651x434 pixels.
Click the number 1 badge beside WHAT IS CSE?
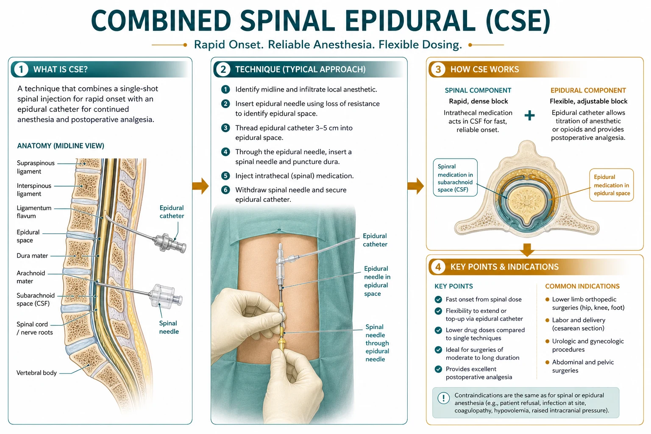pyautogui.click(x=21, y=70)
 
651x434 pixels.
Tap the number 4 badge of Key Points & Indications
pyautogui.click(x=438, y=267)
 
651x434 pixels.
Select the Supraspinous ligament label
pyautogui.click(x=36, y=167)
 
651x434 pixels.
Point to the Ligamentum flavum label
pyautogui.click(x=34, y=212)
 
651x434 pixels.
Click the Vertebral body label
pyautogui.click(x=36, y=373)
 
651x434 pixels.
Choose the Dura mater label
pyautogui.click(x=32, y=256)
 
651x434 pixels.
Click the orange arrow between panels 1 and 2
pyautogui.click(x=200, y=186)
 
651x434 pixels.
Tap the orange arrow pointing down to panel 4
pyautogui.click(x=527, y=249)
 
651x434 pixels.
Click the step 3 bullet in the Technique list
pyautogui.click(x=225, y=128)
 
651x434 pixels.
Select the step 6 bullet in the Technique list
pyautogui.click(x=225, y=190)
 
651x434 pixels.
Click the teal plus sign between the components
pyautogui.click(x=529, y=115)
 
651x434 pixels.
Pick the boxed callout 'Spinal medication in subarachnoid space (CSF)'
pyautogui.click(x=455, y=177)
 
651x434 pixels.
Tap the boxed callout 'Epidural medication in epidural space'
pyautogui.click(x=612, y=185)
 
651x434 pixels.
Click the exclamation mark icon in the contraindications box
pyautogui.click(x=443, y=398)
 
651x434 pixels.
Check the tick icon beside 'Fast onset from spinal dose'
pyautogui.click(x=438, y=299)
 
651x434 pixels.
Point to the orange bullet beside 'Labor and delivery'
pyautogui.click(x=547, y=320)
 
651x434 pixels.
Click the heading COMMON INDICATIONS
pyautogui.click(x=582, y=287)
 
